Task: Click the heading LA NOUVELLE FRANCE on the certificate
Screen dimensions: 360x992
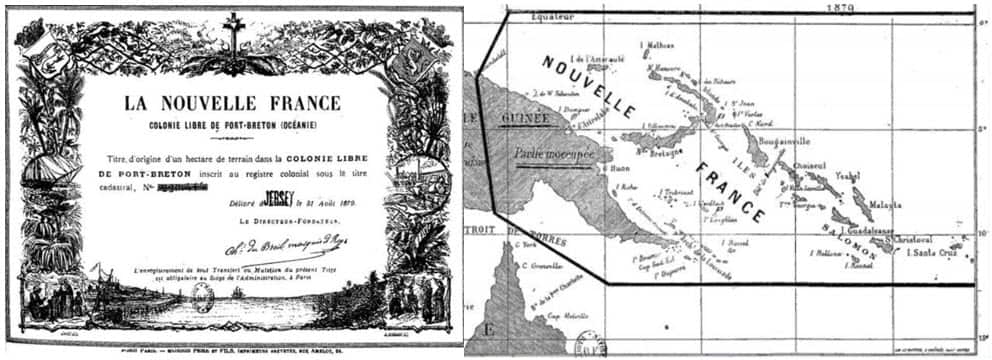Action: pyautogui.click(x=232, y=103)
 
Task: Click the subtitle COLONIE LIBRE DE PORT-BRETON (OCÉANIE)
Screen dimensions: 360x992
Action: pyautogui.click(x=232, y=127)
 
